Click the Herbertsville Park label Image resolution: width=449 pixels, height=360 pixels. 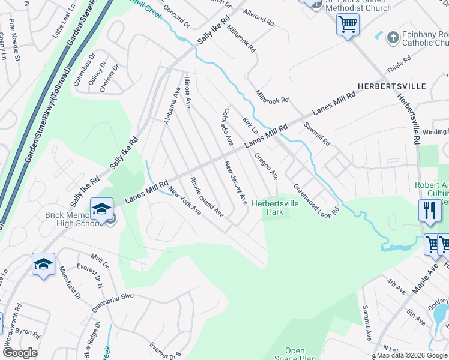pyautogui.click(x=274, y=208)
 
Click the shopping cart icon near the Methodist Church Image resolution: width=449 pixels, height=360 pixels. pyautogui.click(x=348, y=25)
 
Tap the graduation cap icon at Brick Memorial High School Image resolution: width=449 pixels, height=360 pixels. pyautogui.click(x=101, y=209)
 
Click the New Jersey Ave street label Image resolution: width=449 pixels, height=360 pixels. pyautogui.click(x=236, y=182)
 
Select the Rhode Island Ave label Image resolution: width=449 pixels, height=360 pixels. pyautogui.click(x=207, y=197)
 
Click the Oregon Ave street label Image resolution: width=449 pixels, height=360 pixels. pyautogui.click(x=266, y=166)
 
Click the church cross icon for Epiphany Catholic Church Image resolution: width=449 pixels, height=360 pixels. pyautogui.click(x=393, y=38)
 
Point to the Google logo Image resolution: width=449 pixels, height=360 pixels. pyautogui.click(x=20, y=353)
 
